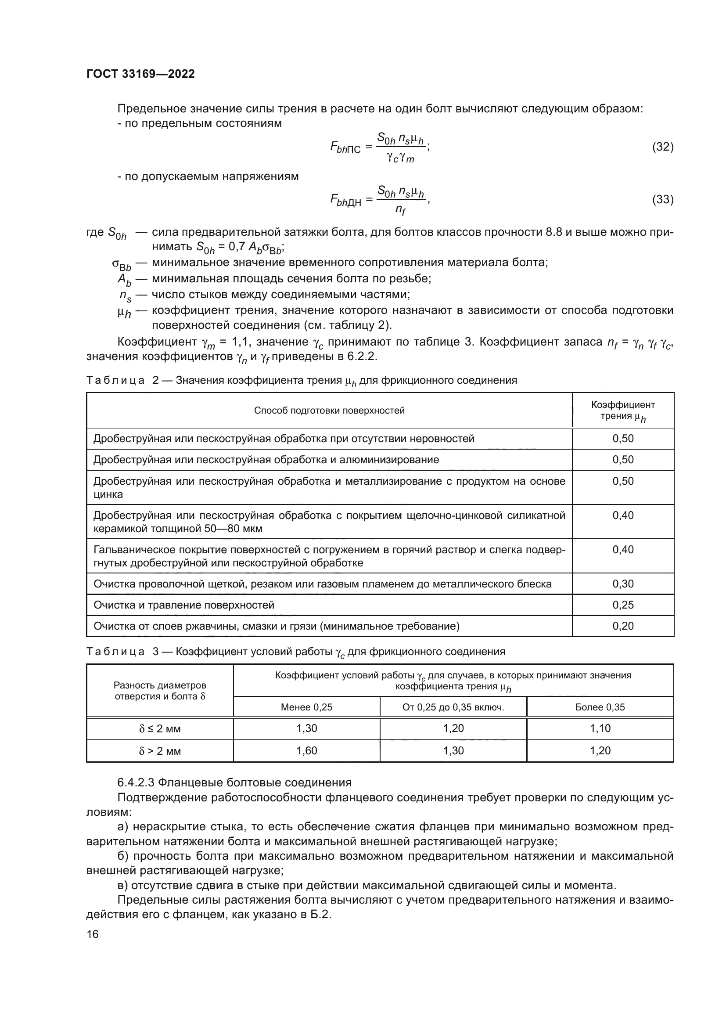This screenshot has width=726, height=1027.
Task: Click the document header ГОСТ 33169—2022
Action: [x=140, y=74]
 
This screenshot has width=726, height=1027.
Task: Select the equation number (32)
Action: [x=662, y=147]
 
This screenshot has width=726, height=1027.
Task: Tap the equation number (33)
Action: [x=662, y=199]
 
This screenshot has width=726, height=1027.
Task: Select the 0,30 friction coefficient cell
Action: [x=623, y=584]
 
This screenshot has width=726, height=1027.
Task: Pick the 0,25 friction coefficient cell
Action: [x=623, y=605]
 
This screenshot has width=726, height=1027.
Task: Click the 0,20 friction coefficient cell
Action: [x=623, y=626]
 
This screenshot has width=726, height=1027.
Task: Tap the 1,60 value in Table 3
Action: [x=307, y=750]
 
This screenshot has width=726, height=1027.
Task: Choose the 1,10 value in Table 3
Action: [x=600, y=728]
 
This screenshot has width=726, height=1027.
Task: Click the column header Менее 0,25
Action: [x=307, y=707]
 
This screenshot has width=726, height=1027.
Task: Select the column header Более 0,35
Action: [x=600, y=707]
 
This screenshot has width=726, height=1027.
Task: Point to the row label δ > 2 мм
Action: [x=160, y=751]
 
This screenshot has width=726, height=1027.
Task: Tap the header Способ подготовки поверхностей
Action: [x=329, y=411]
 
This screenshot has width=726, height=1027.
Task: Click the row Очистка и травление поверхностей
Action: [x=184, y=605]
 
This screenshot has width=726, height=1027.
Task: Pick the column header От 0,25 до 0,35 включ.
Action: [x=453, y=707]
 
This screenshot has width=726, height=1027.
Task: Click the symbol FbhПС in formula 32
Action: [x=345, y=148]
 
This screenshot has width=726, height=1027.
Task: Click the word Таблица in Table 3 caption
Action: [x=115, y=652]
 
